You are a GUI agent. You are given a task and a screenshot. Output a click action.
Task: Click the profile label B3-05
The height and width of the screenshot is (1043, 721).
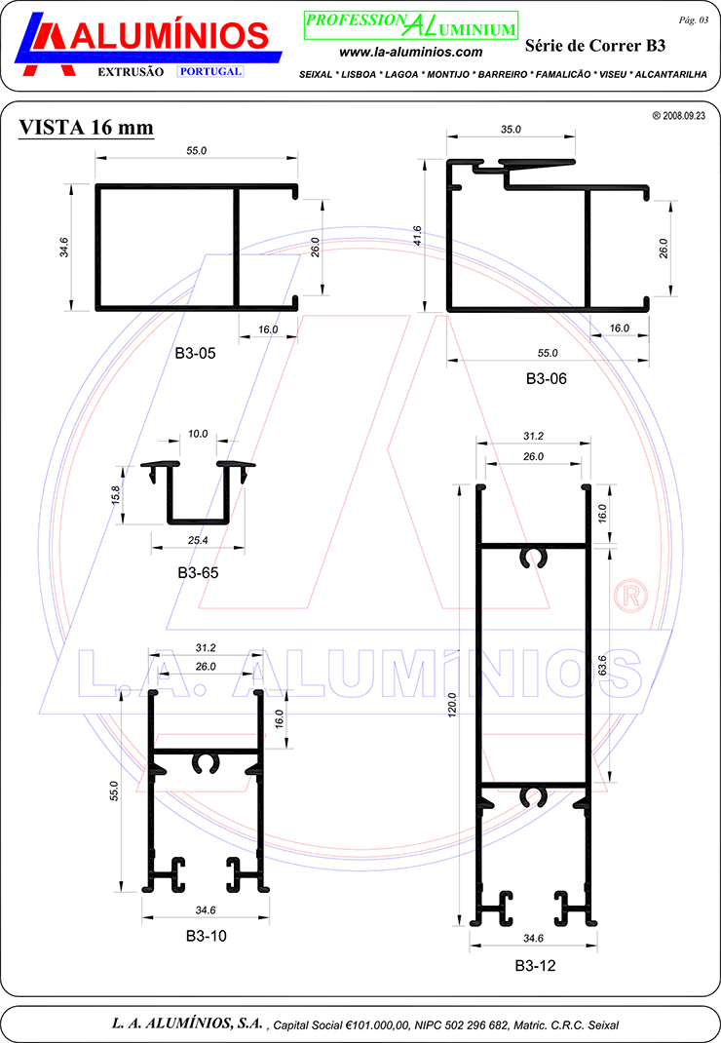click(x=195, y=353)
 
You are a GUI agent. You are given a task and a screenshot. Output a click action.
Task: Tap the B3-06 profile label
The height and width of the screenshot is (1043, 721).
click(x=546, y=378)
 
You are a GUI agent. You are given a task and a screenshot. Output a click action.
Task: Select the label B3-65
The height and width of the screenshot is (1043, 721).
click(x=198, y=573)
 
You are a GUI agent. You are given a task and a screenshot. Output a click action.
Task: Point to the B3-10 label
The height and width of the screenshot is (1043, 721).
click(x=206, y=936)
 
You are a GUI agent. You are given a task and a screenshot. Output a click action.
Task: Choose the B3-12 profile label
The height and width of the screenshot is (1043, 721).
click(x=535, y=966)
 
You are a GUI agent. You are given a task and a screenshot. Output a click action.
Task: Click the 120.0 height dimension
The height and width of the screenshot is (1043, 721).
click(x=452, y=705)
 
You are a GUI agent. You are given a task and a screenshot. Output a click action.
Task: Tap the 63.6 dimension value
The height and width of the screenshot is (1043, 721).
click(x=602, y=666)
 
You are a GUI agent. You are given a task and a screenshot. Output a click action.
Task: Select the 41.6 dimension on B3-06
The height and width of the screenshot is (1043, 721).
click(x=417, y=236)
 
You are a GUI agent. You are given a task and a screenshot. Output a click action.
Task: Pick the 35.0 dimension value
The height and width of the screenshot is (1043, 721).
click(x=511, y=129)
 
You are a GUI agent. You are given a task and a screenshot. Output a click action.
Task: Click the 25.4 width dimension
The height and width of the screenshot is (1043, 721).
click(x=198, y=540)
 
